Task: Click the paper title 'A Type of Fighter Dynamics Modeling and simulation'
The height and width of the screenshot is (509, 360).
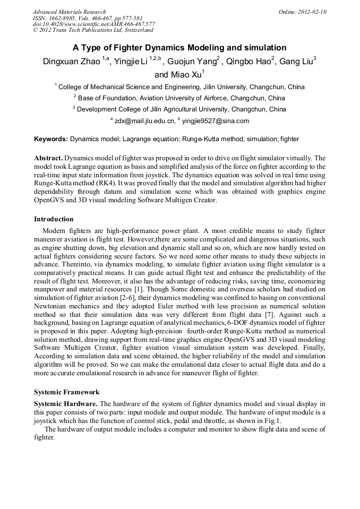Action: click(179, 47)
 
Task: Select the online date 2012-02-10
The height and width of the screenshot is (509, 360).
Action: click(312, 12)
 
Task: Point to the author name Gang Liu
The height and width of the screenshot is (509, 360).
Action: click(296, 62)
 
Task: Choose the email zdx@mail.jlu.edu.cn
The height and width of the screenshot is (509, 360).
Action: click(144, 121)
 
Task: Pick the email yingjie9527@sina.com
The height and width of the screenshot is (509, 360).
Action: click(215, 121)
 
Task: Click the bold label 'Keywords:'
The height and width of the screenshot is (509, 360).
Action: click(51, 139)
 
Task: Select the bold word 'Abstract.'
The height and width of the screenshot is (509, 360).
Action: click(48, 158)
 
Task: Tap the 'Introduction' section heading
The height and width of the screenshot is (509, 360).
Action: click(54, 219)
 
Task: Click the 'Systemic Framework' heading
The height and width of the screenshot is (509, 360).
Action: click(66, 392)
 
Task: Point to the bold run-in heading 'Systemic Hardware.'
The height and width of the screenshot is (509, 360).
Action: click(66, 404)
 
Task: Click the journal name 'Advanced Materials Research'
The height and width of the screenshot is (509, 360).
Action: click(69, 12)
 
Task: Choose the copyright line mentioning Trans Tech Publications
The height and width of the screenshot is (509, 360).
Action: click(93, 31)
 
